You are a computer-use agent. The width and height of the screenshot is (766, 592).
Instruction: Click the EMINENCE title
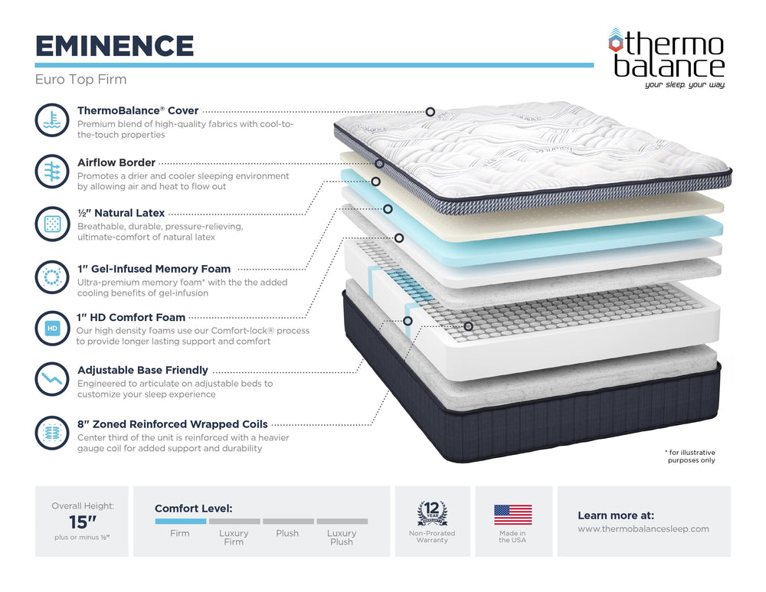click(114, 46)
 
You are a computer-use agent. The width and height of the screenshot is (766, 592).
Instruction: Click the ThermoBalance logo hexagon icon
click(616, 41)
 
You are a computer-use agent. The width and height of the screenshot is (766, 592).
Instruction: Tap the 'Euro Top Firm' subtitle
click(80, 80)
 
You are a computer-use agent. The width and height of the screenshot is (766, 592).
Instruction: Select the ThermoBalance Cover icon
click(52, 121)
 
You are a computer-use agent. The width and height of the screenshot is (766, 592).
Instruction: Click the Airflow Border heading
click(116, 162)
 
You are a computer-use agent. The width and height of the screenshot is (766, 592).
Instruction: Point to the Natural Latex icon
click(52, 224)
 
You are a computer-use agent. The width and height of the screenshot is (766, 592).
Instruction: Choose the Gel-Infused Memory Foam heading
click(154, 269)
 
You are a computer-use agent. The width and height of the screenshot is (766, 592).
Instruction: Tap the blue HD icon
click(52, 328)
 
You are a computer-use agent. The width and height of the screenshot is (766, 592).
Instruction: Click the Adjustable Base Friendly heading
click(142, 370)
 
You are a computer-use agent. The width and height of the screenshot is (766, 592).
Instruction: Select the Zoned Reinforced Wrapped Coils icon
click(52, 432)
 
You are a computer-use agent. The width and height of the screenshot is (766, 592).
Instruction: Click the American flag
click(512, 515)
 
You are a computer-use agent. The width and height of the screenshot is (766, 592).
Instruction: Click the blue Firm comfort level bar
click(180, 521)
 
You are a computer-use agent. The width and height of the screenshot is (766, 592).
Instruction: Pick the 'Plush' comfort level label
click(287, 533)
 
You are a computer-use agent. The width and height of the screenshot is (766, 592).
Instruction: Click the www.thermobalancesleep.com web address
click(643, 528)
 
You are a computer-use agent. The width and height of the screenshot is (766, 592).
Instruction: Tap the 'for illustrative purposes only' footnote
click(691, 456)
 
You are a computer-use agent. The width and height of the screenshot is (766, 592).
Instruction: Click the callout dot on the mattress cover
click(430, 112)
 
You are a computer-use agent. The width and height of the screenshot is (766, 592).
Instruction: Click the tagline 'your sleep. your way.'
click(685, 84)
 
